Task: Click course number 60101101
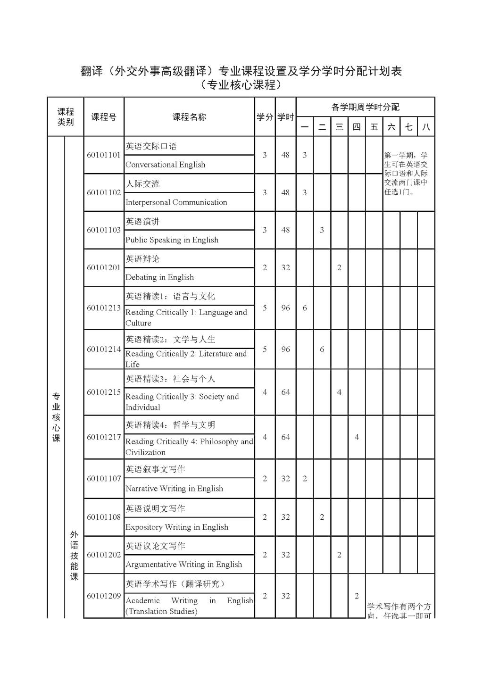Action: point(104,155)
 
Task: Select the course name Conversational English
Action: point(165,165)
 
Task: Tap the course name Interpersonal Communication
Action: point(176,202)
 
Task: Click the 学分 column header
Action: point(265,117)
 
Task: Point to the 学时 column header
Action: point(285,117)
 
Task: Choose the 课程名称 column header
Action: point(189,117)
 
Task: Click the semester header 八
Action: point(426,127)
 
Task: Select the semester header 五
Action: point(374,127)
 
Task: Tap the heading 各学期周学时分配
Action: point(365,107)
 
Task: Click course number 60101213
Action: point(104,308)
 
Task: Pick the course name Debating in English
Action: point(159,277)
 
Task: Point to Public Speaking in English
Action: point(172,240)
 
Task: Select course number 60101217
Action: point(104,437)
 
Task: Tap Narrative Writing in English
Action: point(174,489)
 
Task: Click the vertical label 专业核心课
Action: point(56,417)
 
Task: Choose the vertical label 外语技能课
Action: point(74,556)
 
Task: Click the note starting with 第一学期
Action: point(406,174)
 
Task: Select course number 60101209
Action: point(104,596)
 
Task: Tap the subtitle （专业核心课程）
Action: point(241,85)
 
